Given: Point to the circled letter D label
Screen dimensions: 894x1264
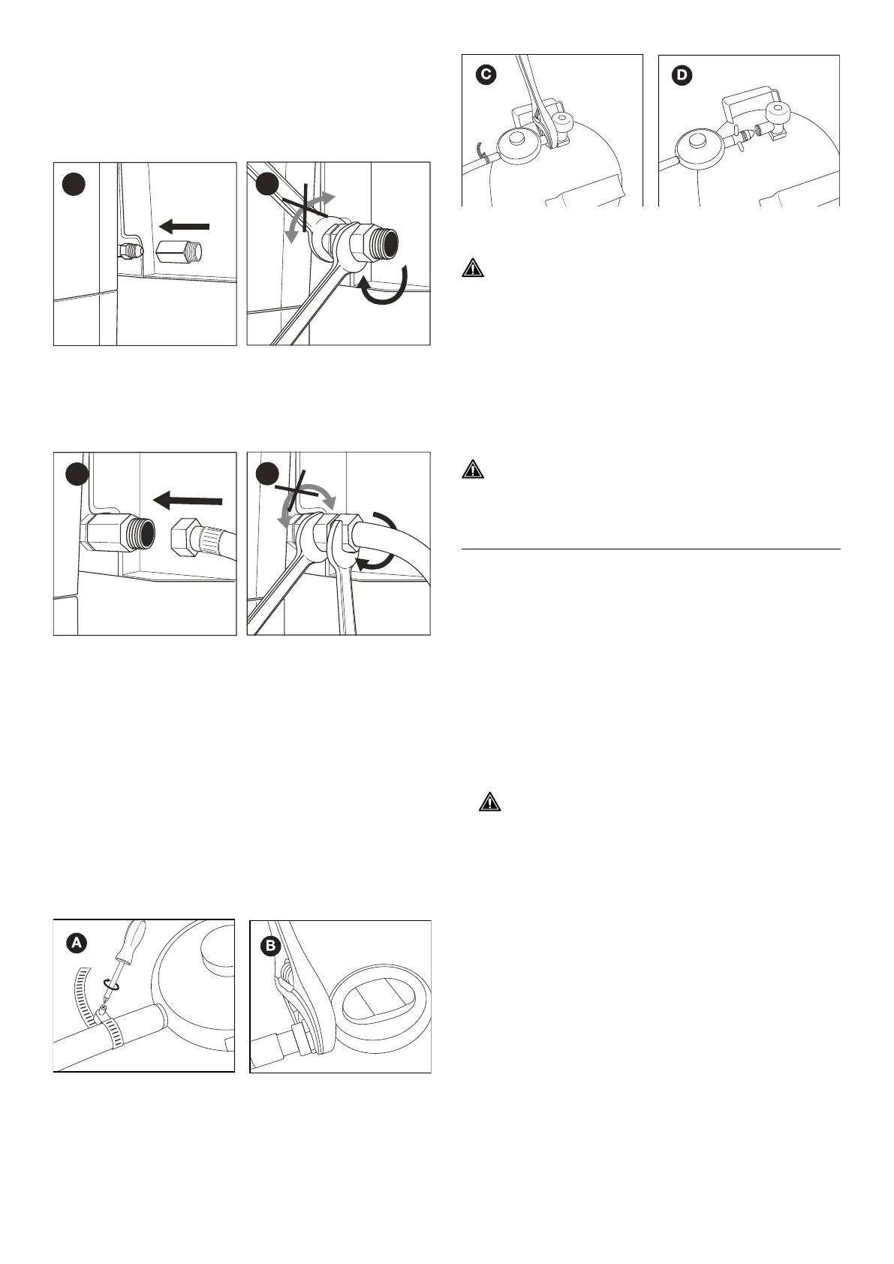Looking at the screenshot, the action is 684,75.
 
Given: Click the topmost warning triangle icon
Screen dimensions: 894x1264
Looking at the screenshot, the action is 473,268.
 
